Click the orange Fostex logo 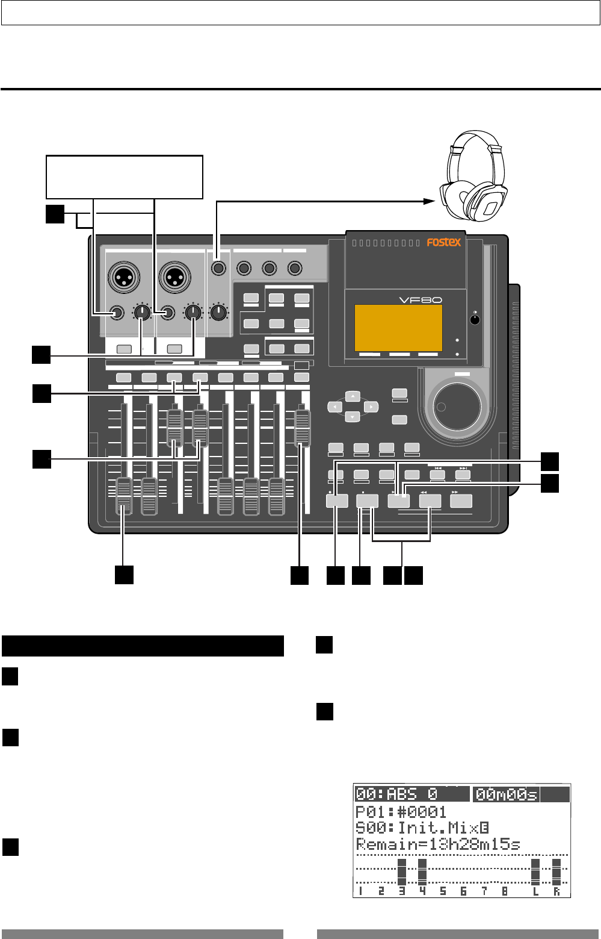(443, 242)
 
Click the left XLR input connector (123, 277)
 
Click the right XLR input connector (175, 277)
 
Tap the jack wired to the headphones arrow (218, 267)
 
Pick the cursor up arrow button (353, 396)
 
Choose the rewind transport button (430, 501)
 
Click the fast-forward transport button (461, 501)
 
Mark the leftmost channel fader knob (123, 496)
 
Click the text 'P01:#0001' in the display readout (401, 812)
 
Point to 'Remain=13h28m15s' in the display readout (437, 844)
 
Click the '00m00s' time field (506, 795)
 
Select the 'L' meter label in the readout (535, 891)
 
